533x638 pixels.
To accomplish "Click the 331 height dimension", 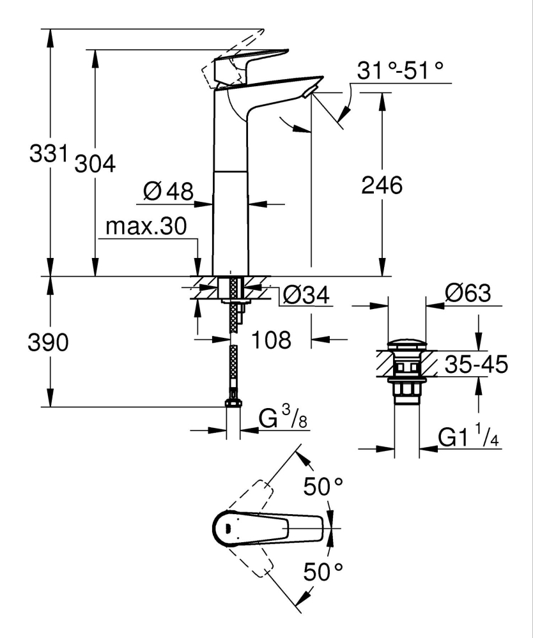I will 49,154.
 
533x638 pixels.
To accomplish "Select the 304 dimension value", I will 95,164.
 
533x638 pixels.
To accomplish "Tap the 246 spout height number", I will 382,186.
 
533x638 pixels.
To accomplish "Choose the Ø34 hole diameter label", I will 305,295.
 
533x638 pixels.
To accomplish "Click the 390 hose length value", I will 48,343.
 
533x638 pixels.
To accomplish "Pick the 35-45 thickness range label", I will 477,366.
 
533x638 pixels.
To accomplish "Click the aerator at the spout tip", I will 309,93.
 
